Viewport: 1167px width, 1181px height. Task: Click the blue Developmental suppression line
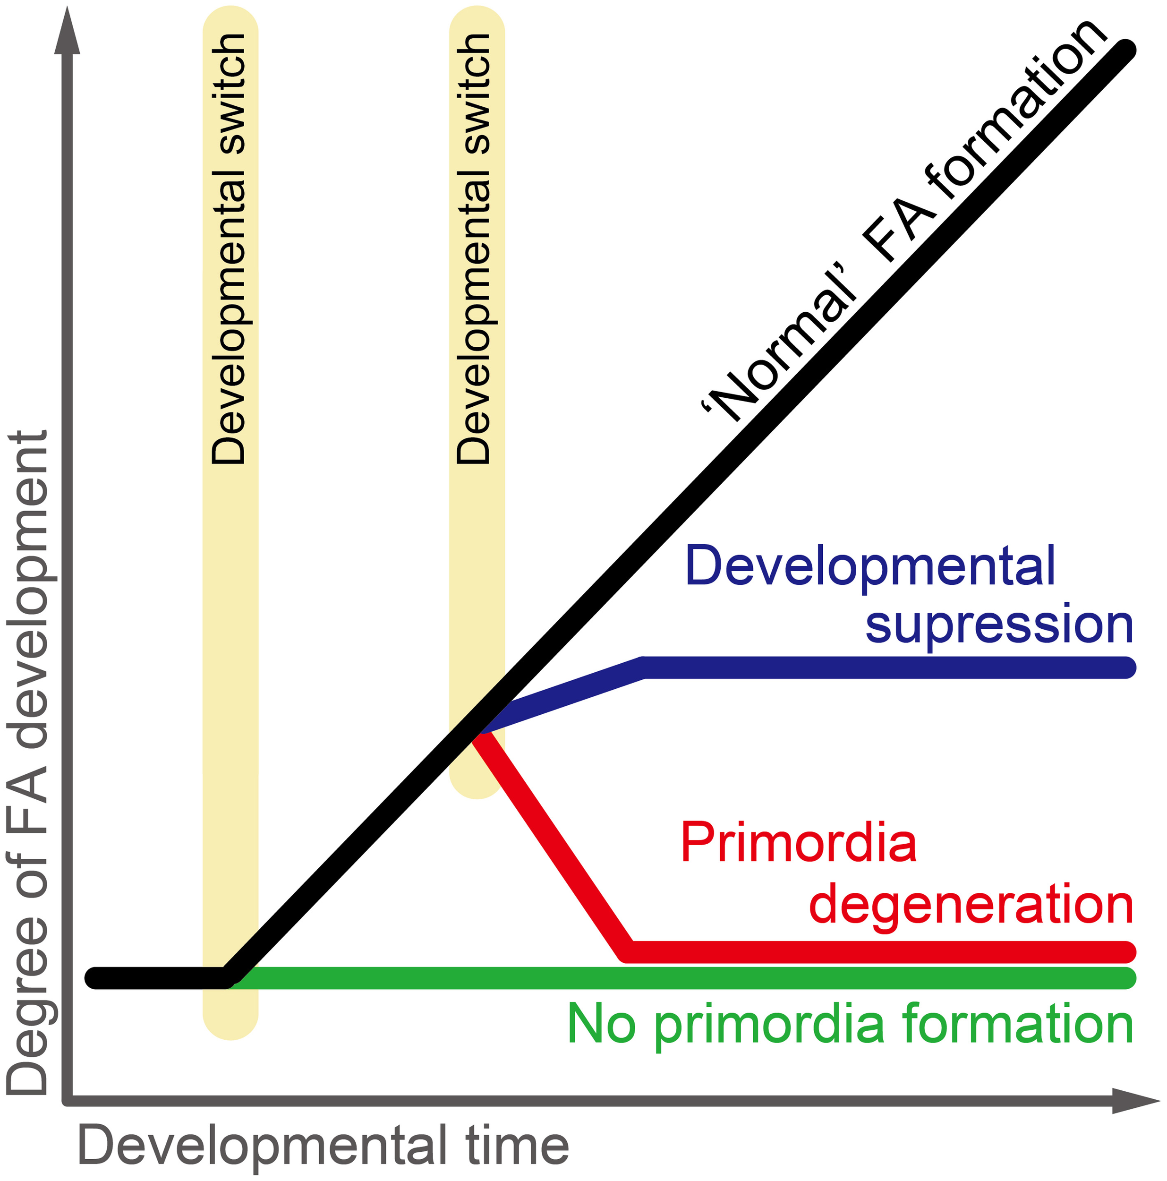pos(886,667)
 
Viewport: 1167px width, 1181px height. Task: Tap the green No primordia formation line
pos(672,978)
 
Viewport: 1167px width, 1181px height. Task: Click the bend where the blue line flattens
pos(643,667)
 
